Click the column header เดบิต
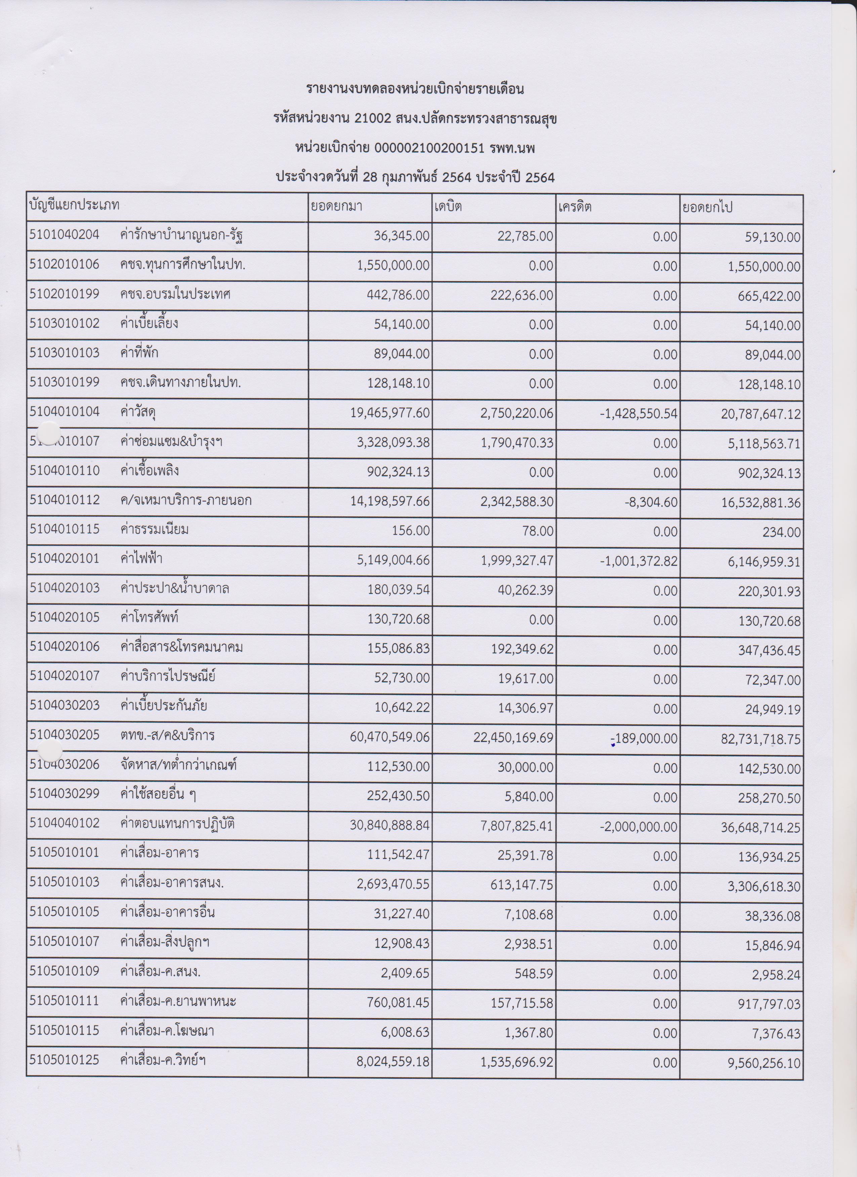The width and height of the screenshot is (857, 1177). tap(448, 206)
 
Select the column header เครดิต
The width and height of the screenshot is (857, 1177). tap(575, 206)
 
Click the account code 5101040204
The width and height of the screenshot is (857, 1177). tap(64, 235)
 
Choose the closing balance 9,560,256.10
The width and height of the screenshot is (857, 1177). tap(761, 1063)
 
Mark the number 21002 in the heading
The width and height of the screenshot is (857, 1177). tap(372, 118)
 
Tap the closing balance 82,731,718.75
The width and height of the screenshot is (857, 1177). tap(761, 739)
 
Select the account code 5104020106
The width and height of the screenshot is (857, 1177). tap(64, 647)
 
